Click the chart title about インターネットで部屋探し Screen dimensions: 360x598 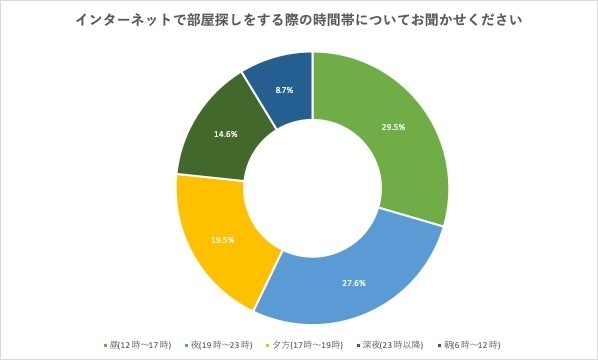click(299, 20)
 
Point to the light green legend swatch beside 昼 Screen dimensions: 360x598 click(104, 345)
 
